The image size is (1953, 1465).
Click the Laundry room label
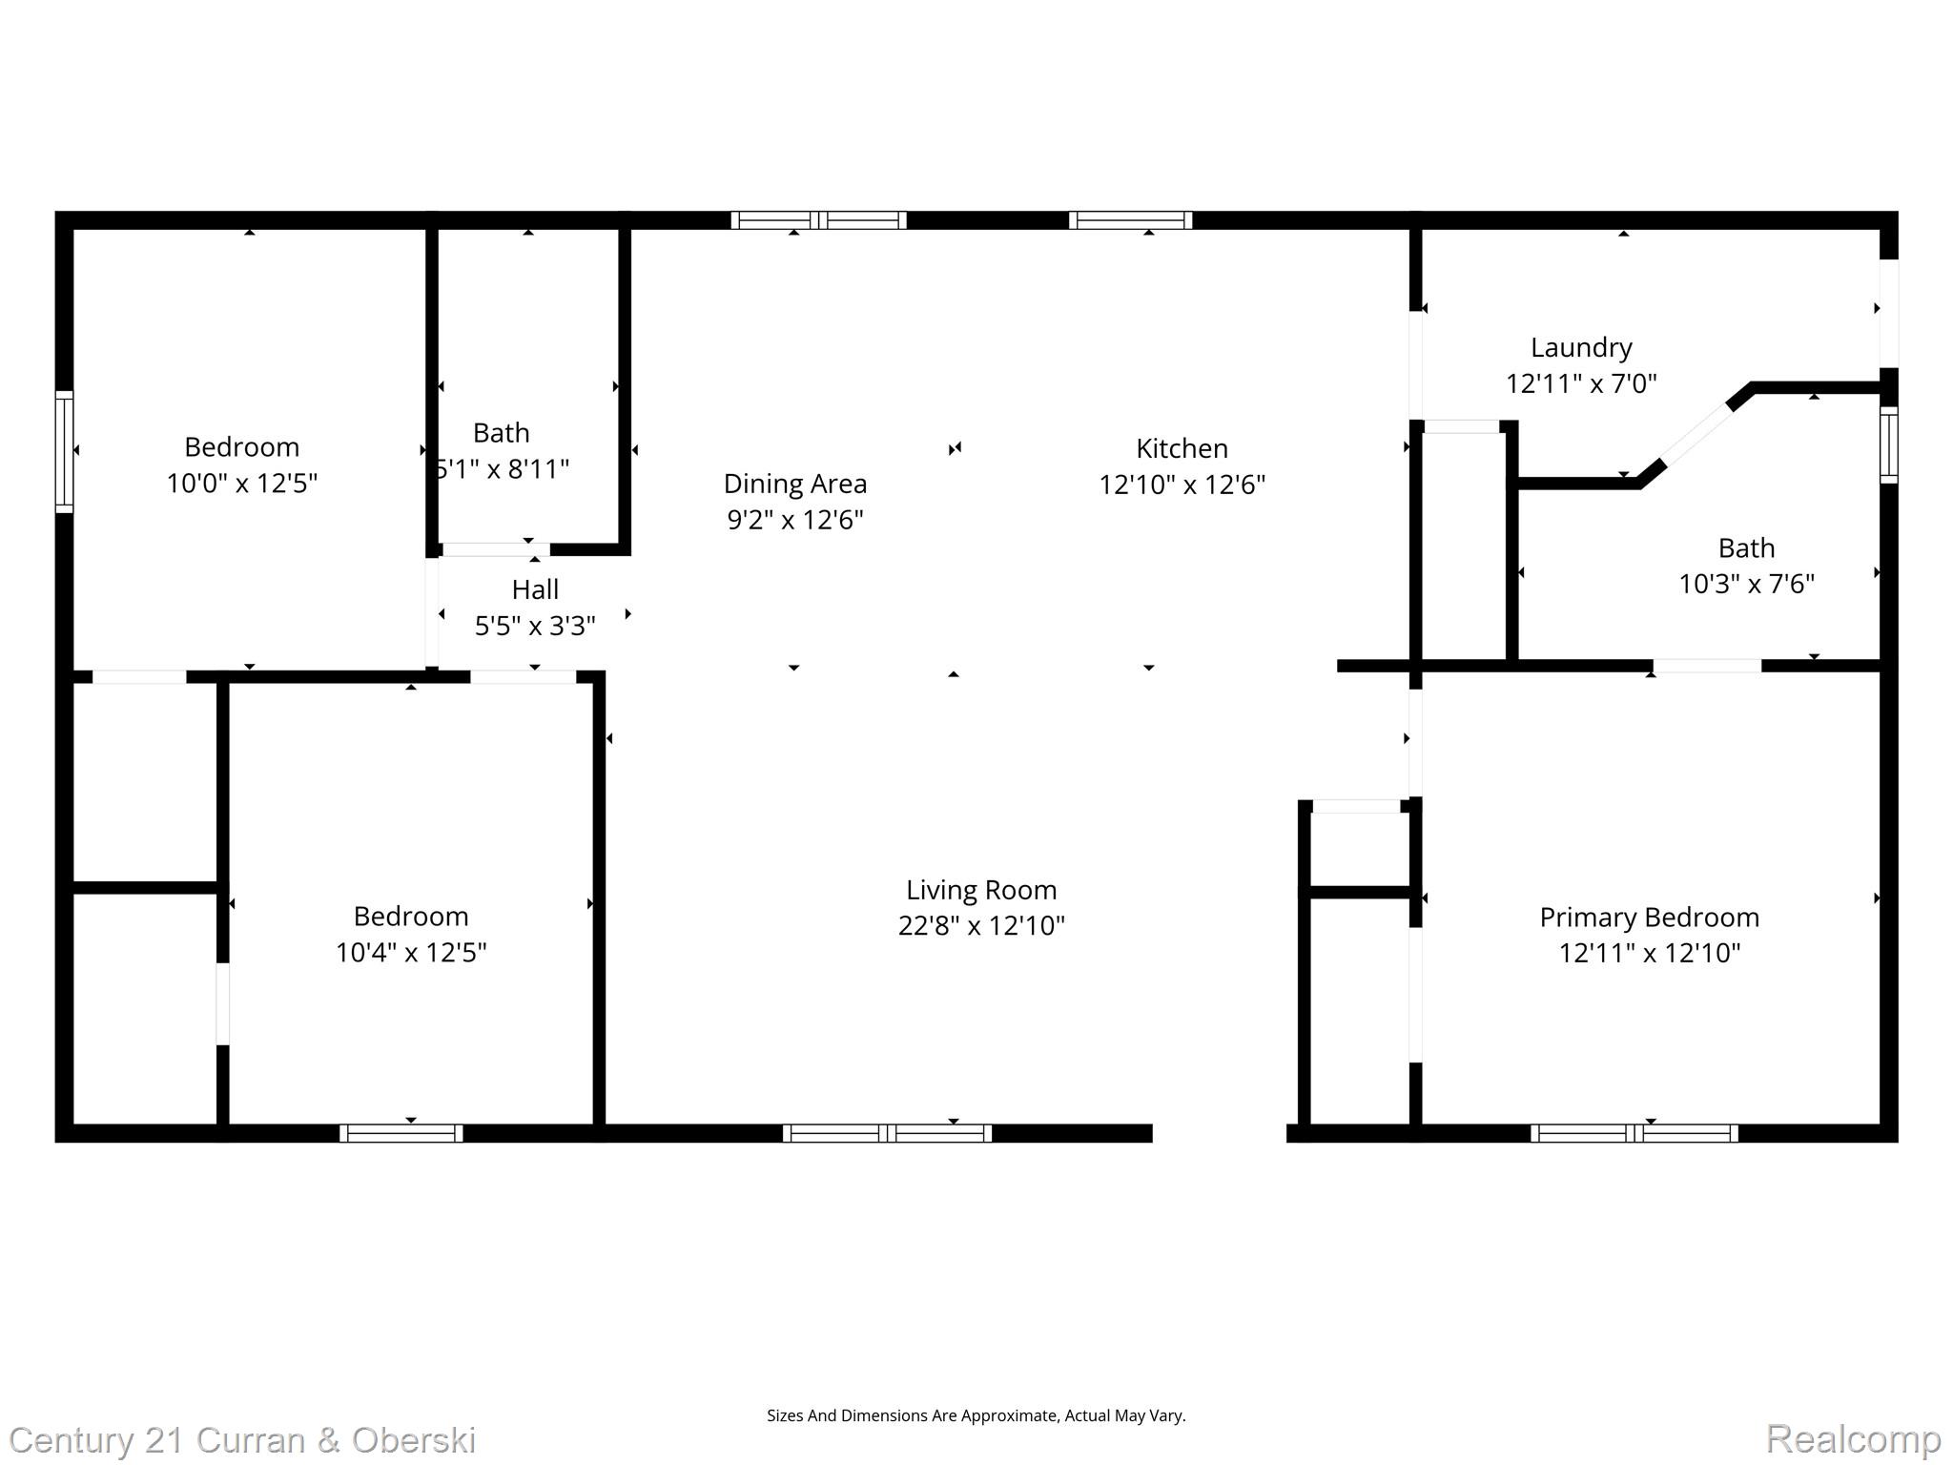(x=1580, y=347)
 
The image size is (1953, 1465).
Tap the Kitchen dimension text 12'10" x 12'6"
(x=1182, y=485)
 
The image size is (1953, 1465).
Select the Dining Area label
(x=794, y=484)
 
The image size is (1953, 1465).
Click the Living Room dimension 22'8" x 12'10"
(x=980, y=925)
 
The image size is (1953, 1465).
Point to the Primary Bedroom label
(x=1649, y=917)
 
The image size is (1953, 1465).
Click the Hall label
(x=535, y=589)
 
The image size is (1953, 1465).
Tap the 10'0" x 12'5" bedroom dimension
(x=241, y=484)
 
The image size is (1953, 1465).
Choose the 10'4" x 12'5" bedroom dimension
(x=410, y=952)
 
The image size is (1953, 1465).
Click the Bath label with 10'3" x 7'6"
(x=1746, y=547)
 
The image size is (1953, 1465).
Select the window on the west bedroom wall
(x=64, y=451)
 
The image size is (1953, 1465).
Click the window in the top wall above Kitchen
(x=1130, y=220)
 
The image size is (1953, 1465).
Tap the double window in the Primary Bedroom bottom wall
(x=1634, y=1133)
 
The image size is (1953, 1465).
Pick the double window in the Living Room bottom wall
(x=887, y=1133)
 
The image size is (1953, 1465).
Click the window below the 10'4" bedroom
(x=401, y=1133)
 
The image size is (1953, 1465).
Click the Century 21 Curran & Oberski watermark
(x=242, y=1439)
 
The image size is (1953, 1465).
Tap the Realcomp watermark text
(x=1852, y=1438)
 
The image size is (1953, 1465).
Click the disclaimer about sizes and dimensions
(x=976, y=1415)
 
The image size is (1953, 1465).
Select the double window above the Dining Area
(x=818, y=220)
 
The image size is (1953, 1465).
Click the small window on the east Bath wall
(x=1888, y=444)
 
